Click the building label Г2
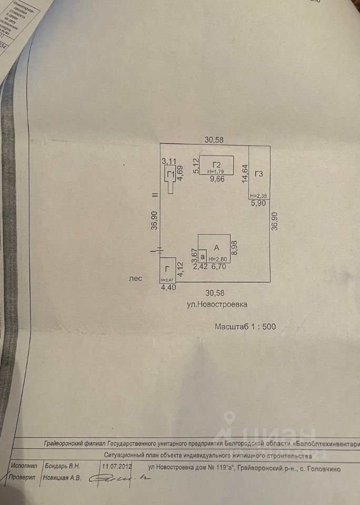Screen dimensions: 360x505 [x=216, y=163]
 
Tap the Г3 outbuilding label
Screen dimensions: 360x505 [x=259, y=174]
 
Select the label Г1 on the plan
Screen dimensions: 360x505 [x=170, y=175]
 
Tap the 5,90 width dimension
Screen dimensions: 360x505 [x=257, y=204]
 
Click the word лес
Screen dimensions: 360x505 [x=136, y=280]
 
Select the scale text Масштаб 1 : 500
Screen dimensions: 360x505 [x=245, y=326]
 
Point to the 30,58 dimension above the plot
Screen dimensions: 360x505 [x=214, y=139]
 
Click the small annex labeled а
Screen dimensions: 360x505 [x=202, y=256]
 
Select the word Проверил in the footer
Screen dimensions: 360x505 [x=22, y=478]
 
